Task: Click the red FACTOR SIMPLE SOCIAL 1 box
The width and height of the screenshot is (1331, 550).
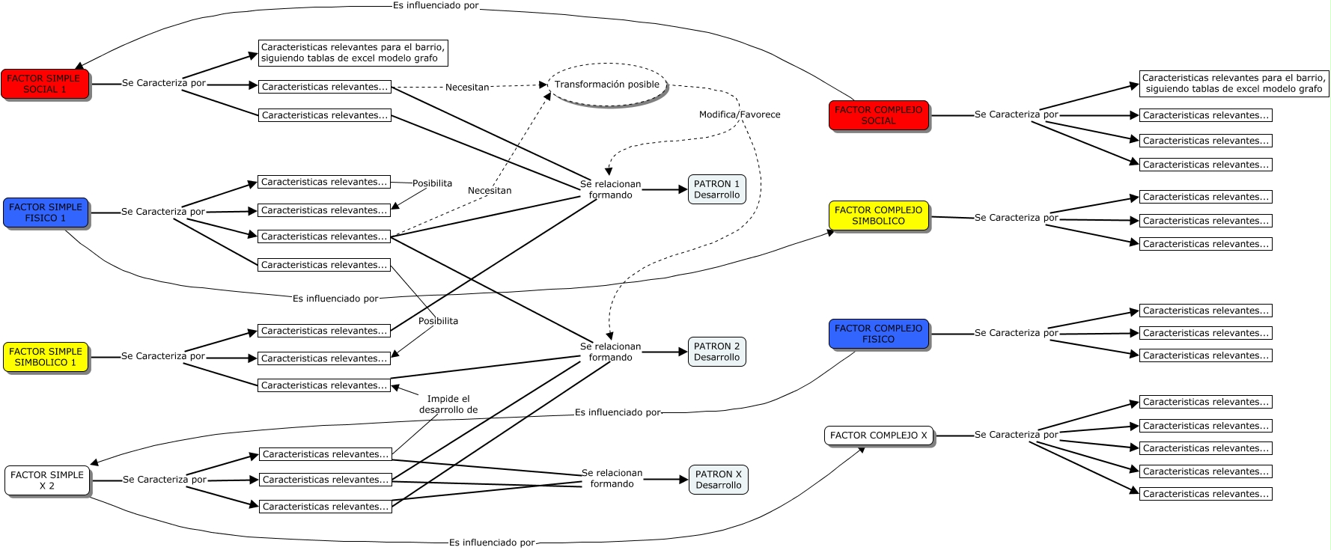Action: tap(44, 84)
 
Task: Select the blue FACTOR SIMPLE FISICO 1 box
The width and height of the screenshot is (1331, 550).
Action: tap(46, 213)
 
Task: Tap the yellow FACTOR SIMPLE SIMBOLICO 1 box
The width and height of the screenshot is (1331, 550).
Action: tap(46, 357)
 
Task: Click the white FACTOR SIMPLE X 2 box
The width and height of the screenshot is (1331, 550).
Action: tap(47, 480)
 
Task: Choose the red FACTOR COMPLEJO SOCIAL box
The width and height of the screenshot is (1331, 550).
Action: tap(878, 115)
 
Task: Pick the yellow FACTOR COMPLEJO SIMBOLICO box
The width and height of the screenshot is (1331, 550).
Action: tap(878, 216)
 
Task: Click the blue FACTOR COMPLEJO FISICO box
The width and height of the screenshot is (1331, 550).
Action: tap(878, 334)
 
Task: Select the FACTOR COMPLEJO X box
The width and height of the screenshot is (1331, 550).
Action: tap(878, 436)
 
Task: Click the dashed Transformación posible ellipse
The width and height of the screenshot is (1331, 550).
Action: tap(607, 85)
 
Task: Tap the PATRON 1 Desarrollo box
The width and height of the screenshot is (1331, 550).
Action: tap(716, 189)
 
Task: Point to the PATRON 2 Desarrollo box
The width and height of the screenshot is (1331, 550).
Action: tap(716, 352)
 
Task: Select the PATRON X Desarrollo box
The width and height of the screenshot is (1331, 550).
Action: tap(718, 480)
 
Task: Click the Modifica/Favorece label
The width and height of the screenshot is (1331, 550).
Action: tap(740, 114)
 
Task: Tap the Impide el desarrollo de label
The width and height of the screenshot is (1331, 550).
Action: tap(448, 404)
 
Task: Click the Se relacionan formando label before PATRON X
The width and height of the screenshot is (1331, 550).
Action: tap(612, 478)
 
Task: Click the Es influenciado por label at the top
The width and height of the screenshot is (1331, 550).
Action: tap(436, 5)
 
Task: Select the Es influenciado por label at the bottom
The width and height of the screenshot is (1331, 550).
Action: tap(492, 543)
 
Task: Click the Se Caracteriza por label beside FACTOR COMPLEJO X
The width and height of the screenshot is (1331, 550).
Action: tap(1016, 435)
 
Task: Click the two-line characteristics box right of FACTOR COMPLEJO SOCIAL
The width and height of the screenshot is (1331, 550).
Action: tap(1233, 83)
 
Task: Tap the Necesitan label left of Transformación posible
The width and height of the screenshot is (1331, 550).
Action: tap(467, 88)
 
